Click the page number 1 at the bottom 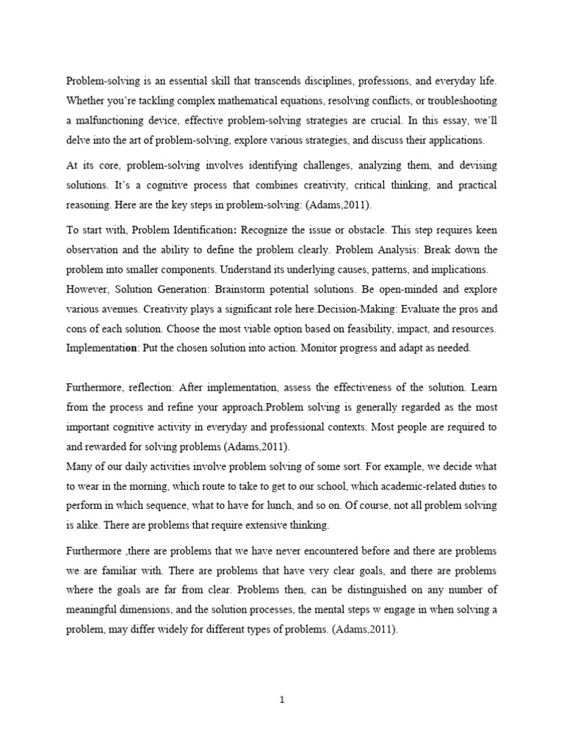tap(282, 700)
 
